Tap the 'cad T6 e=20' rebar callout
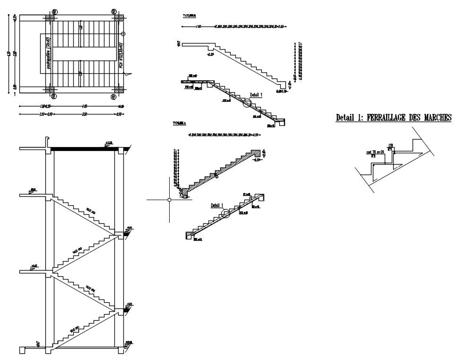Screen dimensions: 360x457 pos(373,152)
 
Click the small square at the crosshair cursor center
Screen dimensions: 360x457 pos(169,200)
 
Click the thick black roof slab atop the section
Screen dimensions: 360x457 pos(83,149)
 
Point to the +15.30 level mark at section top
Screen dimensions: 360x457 pos(109,142)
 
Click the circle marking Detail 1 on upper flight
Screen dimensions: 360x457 pos(247,104)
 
